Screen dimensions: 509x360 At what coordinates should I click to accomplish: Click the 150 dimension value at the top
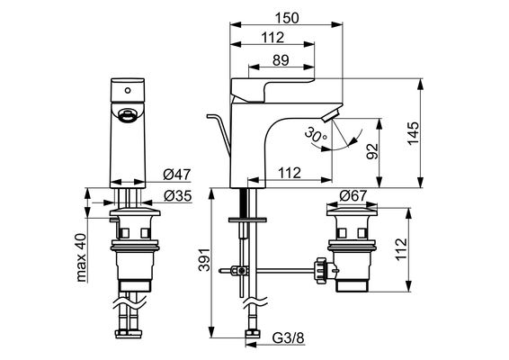pos(287,18)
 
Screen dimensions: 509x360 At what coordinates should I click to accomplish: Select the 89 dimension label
pos(281,60)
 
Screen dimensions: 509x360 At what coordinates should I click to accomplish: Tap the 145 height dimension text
pos(413,133)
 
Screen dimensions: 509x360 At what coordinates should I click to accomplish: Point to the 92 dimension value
pos(372,151)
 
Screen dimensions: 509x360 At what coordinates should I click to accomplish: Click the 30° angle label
pos(316,135)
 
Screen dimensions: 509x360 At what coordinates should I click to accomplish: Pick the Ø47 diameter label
pos(177,175)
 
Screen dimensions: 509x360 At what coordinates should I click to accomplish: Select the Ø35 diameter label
pos(177,196)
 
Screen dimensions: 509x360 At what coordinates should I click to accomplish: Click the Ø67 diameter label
pos(353,195)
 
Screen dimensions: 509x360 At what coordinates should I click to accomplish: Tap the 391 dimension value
pos(204,260)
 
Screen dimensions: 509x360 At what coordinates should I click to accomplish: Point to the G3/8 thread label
pos(289,338)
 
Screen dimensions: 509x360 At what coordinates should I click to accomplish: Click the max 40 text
pos(81,257)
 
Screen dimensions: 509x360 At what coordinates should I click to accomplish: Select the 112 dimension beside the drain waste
pos(401,248)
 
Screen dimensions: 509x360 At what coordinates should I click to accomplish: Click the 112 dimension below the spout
pos(290,173)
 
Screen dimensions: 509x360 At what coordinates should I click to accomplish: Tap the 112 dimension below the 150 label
pos(272,38)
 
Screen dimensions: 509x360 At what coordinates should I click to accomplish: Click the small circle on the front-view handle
pos(128,91)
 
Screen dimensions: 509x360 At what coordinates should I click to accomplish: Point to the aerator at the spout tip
pos(331,116)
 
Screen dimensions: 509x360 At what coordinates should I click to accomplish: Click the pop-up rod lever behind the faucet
pos(219,132)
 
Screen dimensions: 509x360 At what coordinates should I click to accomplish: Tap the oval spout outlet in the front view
pos(125,116)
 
